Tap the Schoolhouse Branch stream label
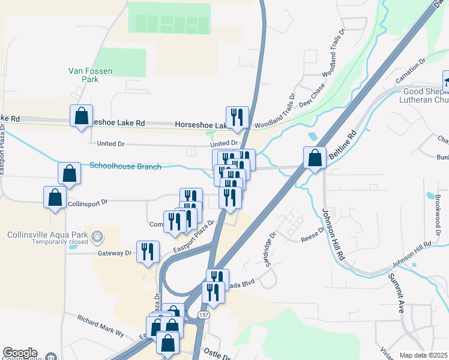coord(125,166)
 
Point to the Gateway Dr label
coord(114,253)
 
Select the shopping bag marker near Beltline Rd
coord(315,158)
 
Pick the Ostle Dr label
coord(217,352)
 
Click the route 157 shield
coord(204,315)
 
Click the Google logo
coord(19,353)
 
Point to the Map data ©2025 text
coord(423,355)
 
